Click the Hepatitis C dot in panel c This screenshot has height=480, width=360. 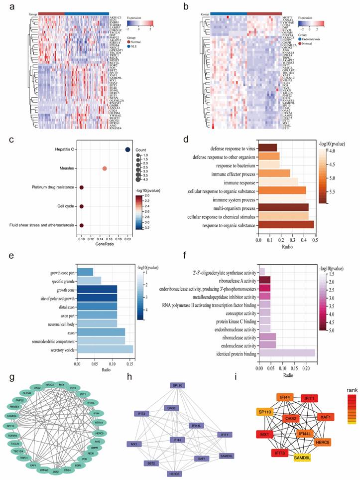click(x=128, y=150)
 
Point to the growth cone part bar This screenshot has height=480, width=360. click(x=85, y=271)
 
